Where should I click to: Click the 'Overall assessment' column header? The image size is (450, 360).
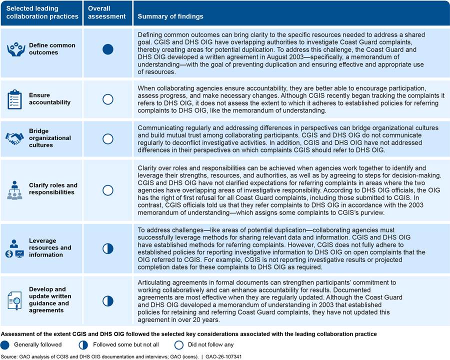point(107,12)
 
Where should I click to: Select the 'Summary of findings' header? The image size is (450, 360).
point(170,16)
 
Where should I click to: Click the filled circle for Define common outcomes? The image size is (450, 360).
point(107,49)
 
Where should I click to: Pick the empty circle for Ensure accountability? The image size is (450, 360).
point(107,99)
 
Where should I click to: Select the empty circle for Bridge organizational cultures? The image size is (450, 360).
point(107,138)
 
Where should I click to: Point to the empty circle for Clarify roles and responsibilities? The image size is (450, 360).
point(107,189)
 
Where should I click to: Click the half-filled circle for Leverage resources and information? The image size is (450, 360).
point(107,248)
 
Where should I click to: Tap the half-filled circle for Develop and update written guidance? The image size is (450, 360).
point(107,300)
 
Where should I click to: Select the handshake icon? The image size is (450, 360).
point(15,138)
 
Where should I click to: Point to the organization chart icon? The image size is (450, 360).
point(15,189)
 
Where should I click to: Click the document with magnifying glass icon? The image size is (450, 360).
point(15,300)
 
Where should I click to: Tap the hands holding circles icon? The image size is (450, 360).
point(15,49)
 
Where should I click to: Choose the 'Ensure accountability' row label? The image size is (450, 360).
point(49,99)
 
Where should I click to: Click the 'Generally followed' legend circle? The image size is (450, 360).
point(5,344)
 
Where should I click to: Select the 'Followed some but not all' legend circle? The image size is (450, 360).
point(82,344)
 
